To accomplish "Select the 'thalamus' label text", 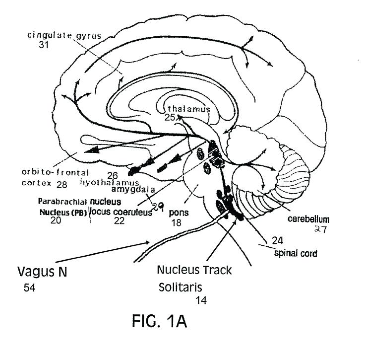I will [x=189, y=109].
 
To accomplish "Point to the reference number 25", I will [x=170, y=118].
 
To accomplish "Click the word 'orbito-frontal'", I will [x=55, y=173].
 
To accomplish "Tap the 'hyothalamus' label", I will [x=110, y=183].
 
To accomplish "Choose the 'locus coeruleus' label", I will [x=120, y=212].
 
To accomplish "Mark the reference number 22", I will [x=119, y=220].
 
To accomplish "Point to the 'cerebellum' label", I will [x=309, y=218].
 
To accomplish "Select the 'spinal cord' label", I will [x=296, y=253].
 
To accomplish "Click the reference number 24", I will [x=279, y=241].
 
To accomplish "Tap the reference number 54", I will [x=29, y=288].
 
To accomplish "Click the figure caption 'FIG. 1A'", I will [x=159, y=322].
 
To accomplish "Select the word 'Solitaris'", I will [x=181, y=288].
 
